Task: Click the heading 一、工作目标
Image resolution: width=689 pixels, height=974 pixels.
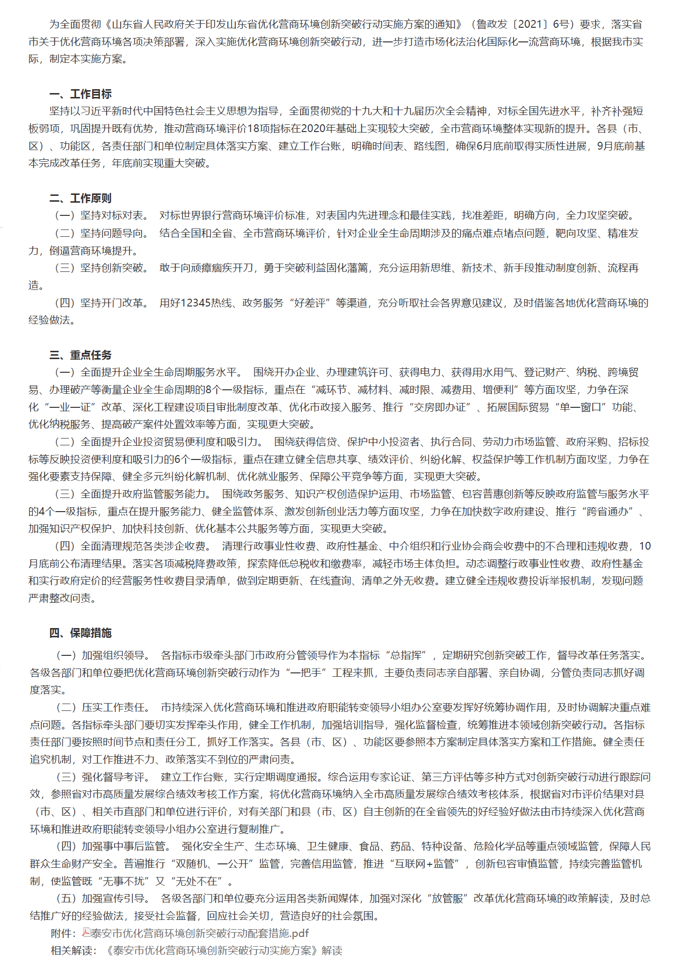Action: [80, 94]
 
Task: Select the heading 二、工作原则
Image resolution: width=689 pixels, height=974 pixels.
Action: [80, 198]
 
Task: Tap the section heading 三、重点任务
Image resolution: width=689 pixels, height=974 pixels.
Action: [80, 355]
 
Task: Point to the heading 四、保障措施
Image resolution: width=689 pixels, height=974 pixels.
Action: [80, 633]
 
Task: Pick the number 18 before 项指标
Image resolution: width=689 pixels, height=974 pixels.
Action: [254, 129]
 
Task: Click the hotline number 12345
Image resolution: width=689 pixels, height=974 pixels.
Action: [196, 303]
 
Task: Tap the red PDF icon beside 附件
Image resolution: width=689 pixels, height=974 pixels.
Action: [86, 933]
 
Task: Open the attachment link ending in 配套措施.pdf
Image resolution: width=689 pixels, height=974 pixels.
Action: [200, 933]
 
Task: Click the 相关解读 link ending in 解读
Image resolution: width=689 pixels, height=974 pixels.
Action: [223, 951]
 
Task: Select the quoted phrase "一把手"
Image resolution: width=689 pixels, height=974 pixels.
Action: [306, 673]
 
